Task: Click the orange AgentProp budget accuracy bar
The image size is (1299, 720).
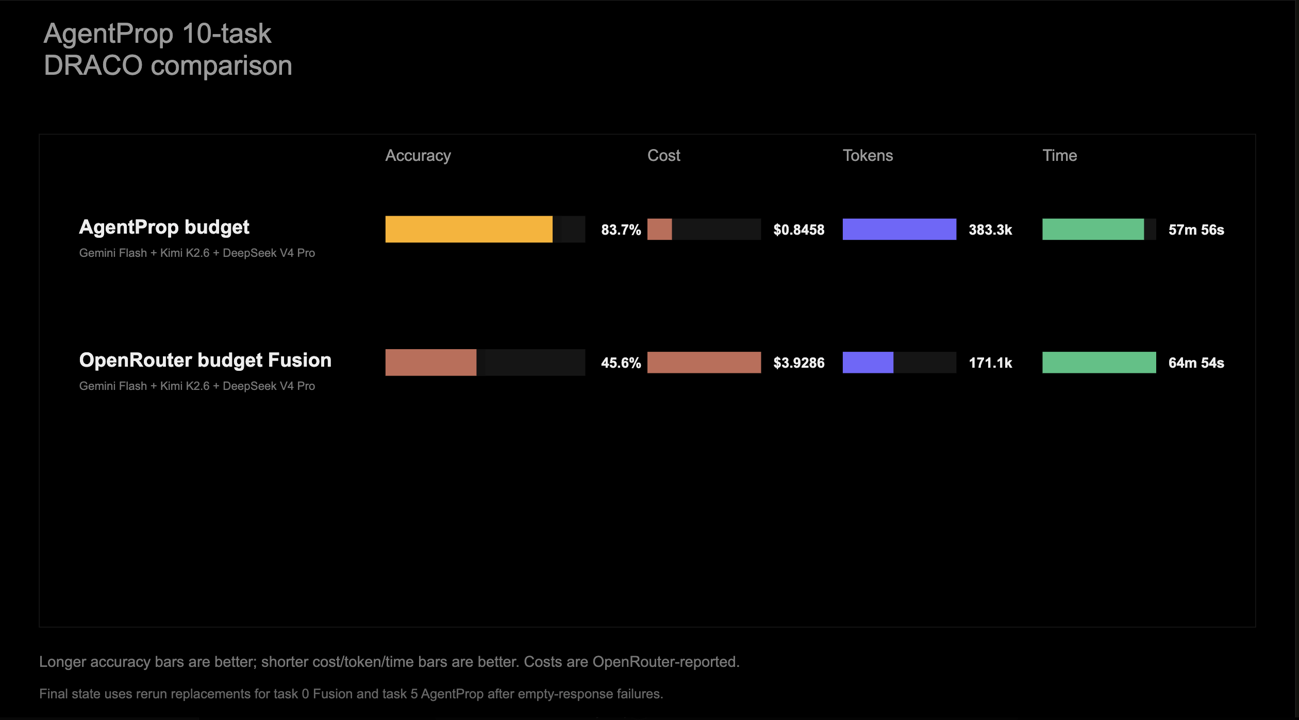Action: click(x=469, y=229)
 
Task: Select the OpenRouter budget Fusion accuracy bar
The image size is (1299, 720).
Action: click(x=430, y=362)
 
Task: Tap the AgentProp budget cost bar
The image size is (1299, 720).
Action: click(x=659, y=229)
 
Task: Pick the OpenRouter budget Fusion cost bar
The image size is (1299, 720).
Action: click(x=704, y=362)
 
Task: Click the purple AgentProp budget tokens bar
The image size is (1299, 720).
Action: click(x=899, y=229)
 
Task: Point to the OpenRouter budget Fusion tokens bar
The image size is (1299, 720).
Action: click(x=868, y=362)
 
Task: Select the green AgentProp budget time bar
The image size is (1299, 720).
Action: click(x=1093, y=229)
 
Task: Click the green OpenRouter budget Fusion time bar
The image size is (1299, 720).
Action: click(x=1099, y=362)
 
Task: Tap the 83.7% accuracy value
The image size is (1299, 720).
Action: click(x=621, y=230)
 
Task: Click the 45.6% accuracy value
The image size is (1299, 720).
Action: click(x=621, y=363)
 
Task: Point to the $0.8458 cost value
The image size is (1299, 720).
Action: click(x=798, y=230)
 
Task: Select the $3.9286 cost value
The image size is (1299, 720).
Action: click(x=798, y=363)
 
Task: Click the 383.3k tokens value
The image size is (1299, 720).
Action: click(x=990, y=230)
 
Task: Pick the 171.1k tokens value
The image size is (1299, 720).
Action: click(x=990, y=363)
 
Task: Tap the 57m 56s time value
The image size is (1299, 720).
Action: click(x=1196, y=230)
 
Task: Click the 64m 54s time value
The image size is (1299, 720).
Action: click(x=1196, y=363)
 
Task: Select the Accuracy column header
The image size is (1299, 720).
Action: click(x=418, y=156)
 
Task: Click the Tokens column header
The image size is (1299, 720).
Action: click(x=868, y=155)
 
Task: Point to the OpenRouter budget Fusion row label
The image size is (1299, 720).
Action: click(x=205, y=361)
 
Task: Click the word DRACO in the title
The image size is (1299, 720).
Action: click(x=93, y=66)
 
